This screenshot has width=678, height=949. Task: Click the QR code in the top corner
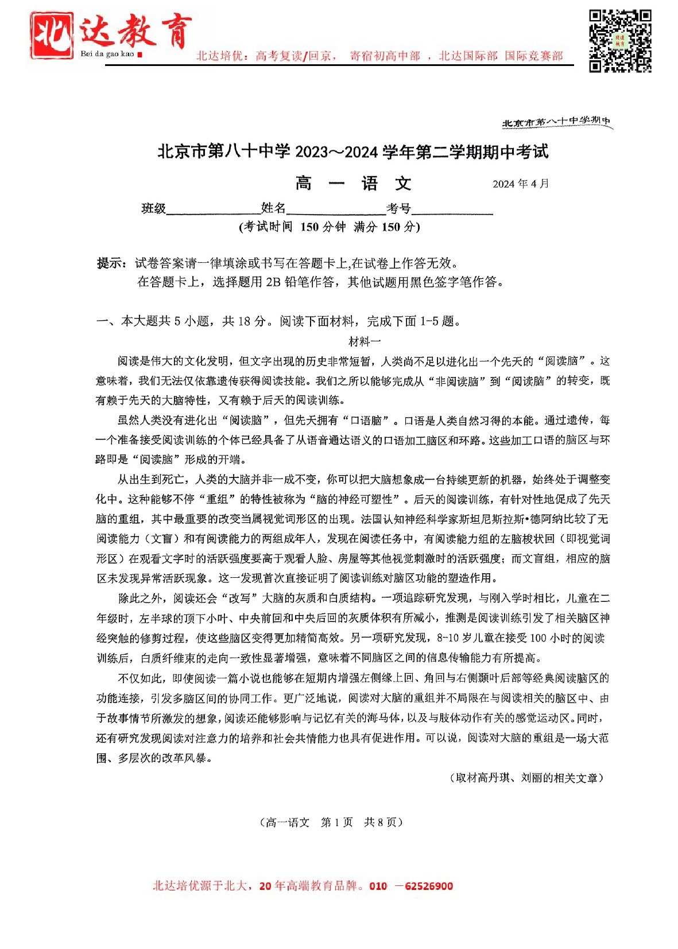point(619,41)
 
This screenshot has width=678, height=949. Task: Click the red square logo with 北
point(52,36)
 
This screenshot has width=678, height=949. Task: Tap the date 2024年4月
point(520,184)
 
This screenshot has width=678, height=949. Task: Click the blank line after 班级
point(213,209)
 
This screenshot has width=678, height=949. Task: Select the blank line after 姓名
point(336,209)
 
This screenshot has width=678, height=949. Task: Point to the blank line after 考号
point(452,209)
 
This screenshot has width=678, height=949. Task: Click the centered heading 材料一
point(365,341)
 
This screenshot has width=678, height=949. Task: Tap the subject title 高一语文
point(353,184)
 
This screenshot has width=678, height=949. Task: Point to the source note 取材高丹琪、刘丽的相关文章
point(526,778)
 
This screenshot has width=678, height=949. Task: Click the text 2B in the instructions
point(273,282)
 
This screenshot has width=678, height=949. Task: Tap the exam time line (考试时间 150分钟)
point(330,227)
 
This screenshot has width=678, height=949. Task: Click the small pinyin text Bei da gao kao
point(107,54)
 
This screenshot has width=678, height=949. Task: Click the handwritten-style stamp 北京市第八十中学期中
point(556,122)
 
